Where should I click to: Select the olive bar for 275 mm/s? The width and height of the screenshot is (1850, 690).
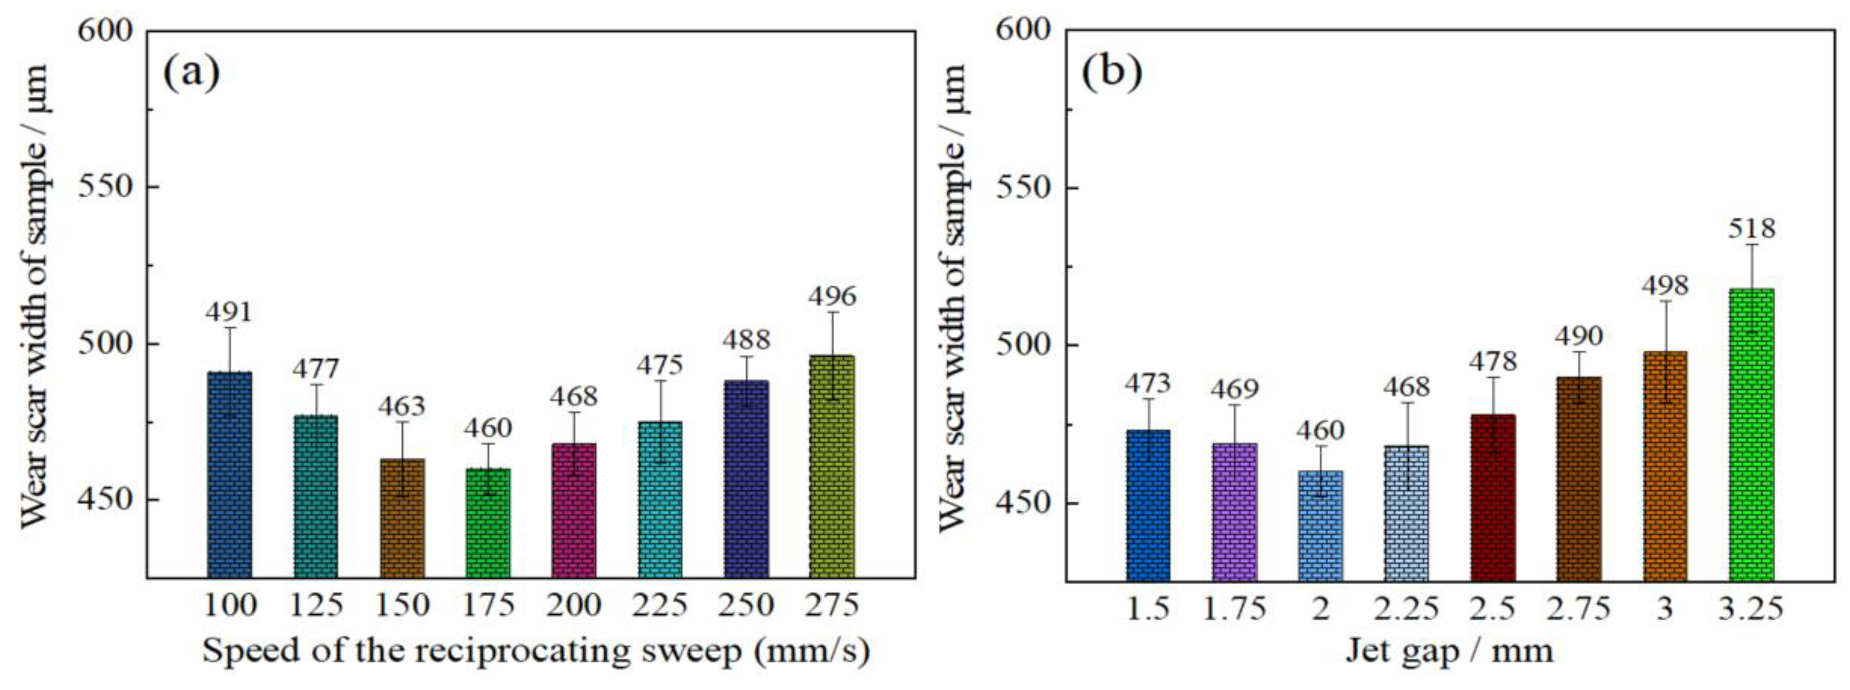pyautogui.click(x=832, y=467)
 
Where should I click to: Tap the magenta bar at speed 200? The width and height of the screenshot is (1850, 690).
pyautogui.click(x=574, y=510)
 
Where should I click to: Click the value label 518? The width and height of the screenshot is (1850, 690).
pyautogui.click(x=1751, y=228)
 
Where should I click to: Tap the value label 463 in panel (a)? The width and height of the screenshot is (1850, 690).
pyautogui.click(x=402, y=406)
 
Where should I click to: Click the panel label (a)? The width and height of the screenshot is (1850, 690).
pyautogui.click(x=191, y=72)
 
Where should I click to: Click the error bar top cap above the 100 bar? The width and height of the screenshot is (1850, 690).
pyautogui.click(x=230, y=328)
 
